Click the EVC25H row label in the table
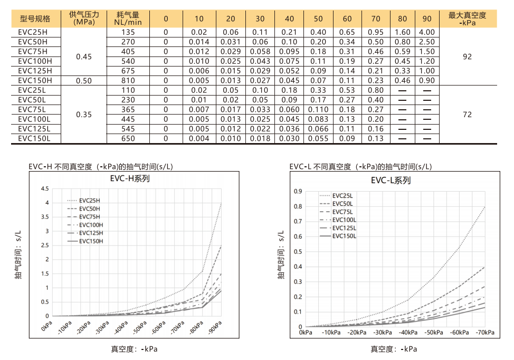tap(32, 32)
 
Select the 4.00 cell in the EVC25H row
tap(427, 32)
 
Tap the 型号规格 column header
tap(35, 18)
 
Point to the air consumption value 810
tap(128, 81)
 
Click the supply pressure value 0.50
tap(84, 81)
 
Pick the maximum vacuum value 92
tap(467, 56)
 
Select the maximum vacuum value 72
tap(467, 115)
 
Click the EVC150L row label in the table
tap(34, 139)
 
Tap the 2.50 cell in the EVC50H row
tap(427, 42)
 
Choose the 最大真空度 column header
tap(467, 18)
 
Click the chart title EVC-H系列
tap(130, 178)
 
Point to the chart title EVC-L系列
tap(391, 181)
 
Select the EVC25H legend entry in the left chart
tap(89, 201)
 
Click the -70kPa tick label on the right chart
tap(484, 333)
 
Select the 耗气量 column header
tap(128, 18)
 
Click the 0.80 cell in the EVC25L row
tap(376, 90)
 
